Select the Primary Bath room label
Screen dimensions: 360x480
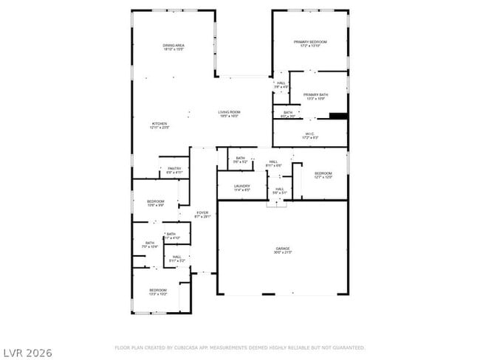click(315, 96)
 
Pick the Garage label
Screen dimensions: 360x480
click(283, 250)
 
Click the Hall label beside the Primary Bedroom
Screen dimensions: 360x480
click(281, 85)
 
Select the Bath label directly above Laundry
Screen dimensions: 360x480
click(240, 159)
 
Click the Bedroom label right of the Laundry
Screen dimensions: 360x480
click(323, 175)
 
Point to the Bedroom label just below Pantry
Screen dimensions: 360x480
click(155, 203)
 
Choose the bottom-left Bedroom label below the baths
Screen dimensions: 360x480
click(159, 291)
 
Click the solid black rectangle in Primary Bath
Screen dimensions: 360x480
click(338, 115)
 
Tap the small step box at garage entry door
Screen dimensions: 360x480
click(276, 203)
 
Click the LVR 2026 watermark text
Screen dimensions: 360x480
click(27, 353)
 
